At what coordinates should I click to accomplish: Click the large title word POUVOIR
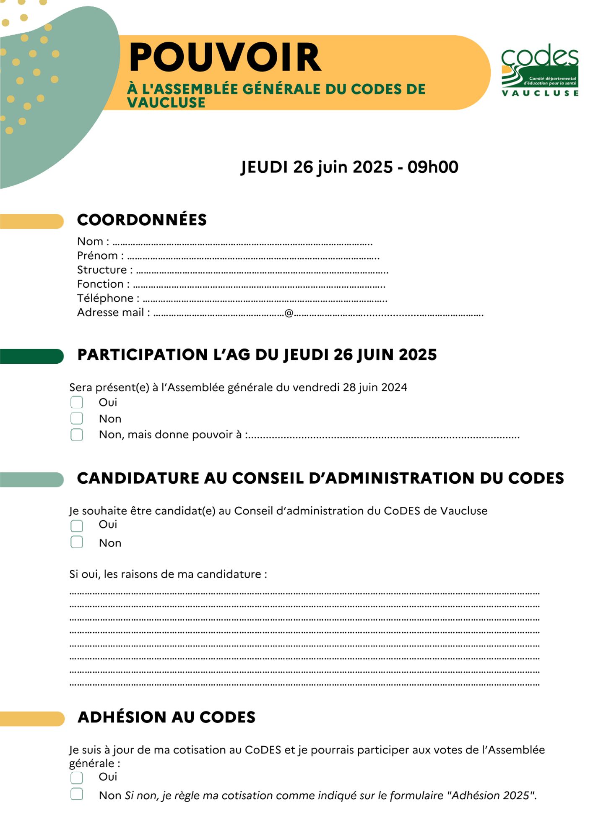[225, 57]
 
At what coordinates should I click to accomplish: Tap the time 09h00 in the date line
[432, 167]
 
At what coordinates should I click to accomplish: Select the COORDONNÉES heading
[142, 220]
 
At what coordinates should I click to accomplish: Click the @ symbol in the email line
[289, 313]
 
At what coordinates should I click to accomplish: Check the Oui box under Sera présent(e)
[77, 402]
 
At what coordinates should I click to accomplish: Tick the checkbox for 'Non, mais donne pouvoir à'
[77, 435]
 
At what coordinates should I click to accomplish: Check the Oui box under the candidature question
[77, 526]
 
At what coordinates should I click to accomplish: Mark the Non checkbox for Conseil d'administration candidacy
[77, 542]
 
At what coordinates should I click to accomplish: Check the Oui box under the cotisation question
[77, 778]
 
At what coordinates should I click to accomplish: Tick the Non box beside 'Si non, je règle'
[77, 794]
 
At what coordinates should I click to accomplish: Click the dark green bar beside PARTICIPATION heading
[32, 356]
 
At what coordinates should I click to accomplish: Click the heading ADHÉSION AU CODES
[166, 717]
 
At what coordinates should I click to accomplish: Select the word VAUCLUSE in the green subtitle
[166, 103]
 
